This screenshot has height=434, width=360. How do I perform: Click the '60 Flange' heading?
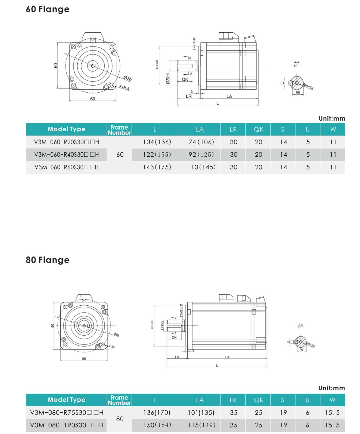point(48,9)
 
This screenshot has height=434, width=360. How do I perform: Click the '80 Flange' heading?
point(48,260)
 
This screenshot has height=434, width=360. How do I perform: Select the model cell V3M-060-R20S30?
point(66,142)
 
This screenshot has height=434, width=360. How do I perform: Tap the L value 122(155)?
point(157,155)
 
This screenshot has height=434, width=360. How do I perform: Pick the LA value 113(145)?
point(201,167)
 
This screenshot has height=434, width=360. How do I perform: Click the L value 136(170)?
point(157,413)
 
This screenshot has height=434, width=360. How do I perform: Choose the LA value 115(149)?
point(201,425)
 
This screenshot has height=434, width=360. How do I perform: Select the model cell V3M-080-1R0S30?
point(66,425)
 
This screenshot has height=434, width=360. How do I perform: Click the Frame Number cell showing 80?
point(120,419)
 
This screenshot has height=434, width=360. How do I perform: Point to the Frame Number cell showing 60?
point(120,155)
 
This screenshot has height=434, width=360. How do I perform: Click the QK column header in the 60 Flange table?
point(259,129)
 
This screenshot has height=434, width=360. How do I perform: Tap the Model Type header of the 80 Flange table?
point(66,400)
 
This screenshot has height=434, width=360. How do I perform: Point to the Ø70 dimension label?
point(128,79)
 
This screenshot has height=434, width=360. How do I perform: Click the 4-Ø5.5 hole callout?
point(124,87)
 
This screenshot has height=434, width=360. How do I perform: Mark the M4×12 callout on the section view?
point(308,87)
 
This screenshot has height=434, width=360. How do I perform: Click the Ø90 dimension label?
point(116,335)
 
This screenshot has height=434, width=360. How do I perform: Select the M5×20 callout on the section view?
point(310,345)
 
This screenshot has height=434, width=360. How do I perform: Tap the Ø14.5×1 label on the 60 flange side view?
point(194,44)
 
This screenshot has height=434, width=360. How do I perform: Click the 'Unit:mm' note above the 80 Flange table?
point(332,388)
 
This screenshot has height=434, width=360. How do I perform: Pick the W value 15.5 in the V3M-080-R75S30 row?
point(332,413)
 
